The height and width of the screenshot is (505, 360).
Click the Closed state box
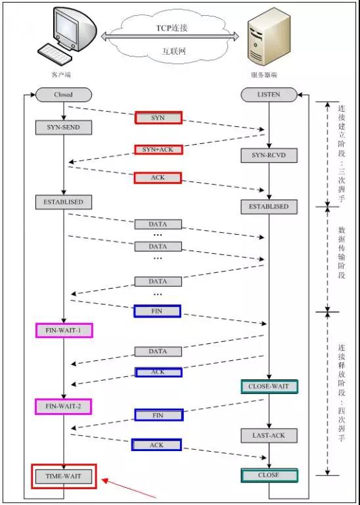click(x=63, y=95)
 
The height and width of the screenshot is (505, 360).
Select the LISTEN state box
click(x=269, y=95)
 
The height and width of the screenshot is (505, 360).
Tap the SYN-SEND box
click(x=63, y=128)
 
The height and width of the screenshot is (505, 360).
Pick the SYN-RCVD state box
click(x=269, y=156)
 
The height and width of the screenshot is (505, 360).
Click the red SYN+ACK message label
click(x=158, y=149)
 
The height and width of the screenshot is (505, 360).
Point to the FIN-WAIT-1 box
click(x=64, y=331)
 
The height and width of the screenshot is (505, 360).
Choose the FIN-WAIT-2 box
click(x=63, y=406)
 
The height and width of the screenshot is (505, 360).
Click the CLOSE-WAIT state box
click(x=269, y=387)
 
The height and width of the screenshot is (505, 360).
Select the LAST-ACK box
click(x=269, y=436)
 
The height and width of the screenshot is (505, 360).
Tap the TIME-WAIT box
click(x=64, y=476)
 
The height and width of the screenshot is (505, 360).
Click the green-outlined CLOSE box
click(x=269, y=475)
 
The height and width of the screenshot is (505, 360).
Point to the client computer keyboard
click(x=55, y=53)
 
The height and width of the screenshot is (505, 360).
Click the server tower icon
click(x=263, y=41)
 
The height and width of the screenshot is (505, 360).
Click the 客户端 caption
click(x=61, y=76)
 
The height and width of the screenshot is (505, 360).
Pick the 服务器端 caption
click(x=264, y=76)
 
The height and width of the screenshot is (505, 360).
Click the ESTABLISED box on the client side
click(x=63, y=203)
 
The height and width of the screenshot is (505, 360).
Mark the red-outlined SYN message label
click(x=158, y=118)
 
